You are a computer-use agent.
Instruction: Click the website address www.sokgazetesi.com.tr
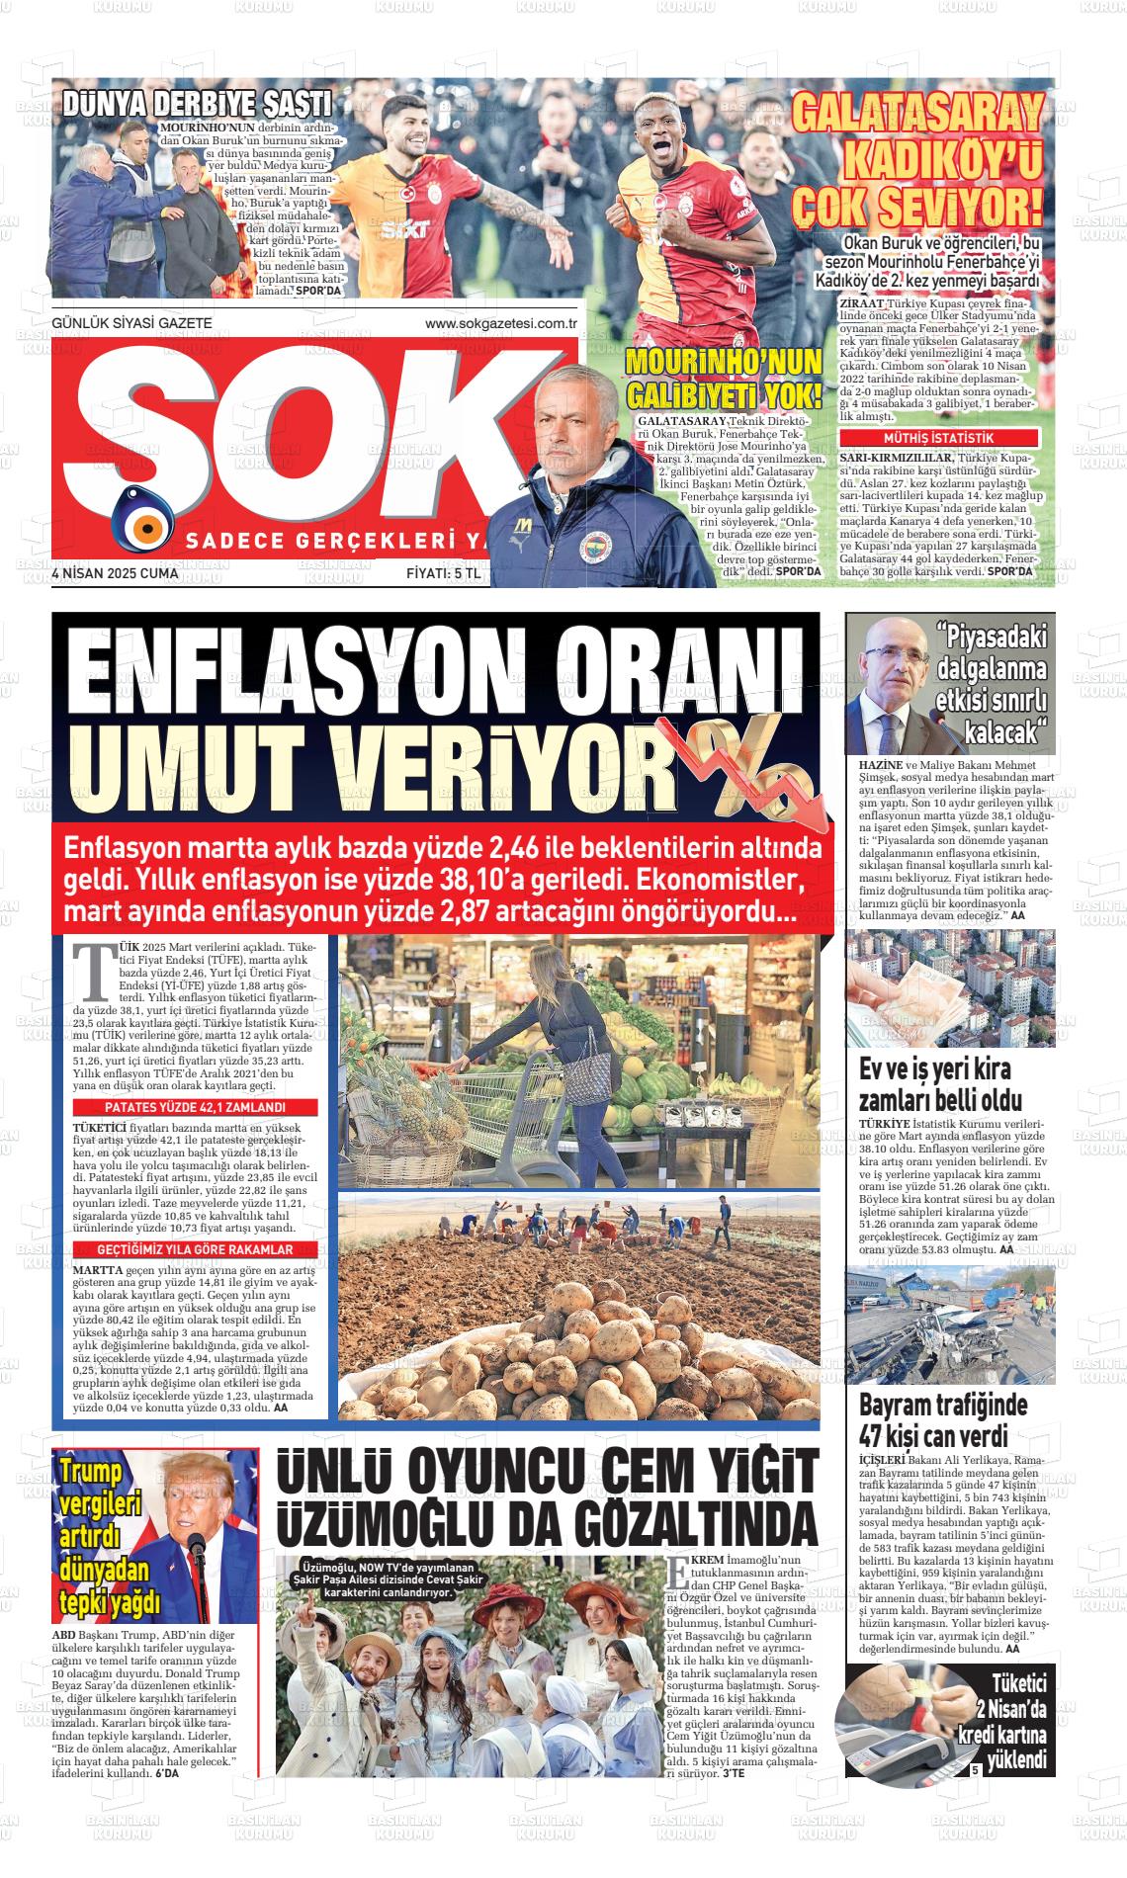click(x=500, y=323)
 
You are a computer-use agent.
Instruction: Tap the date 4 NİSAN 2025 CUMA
click(x=115, y=573)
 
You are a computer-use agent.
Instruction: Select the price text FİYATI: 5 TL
click(x=443, y=573)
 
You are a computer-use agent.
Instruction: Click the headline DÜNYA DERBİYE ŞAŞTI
click(x=197, y=104)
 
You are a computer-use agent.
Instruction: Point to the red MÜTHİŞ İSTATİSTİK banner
click(x=938, y=438)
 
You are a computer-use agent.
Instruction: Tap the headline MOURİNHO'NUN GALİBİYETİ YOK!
click(x=724, y=380)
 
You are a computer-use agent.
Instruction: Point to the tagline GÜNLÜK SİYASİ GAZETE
click(x=131, y=323)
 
